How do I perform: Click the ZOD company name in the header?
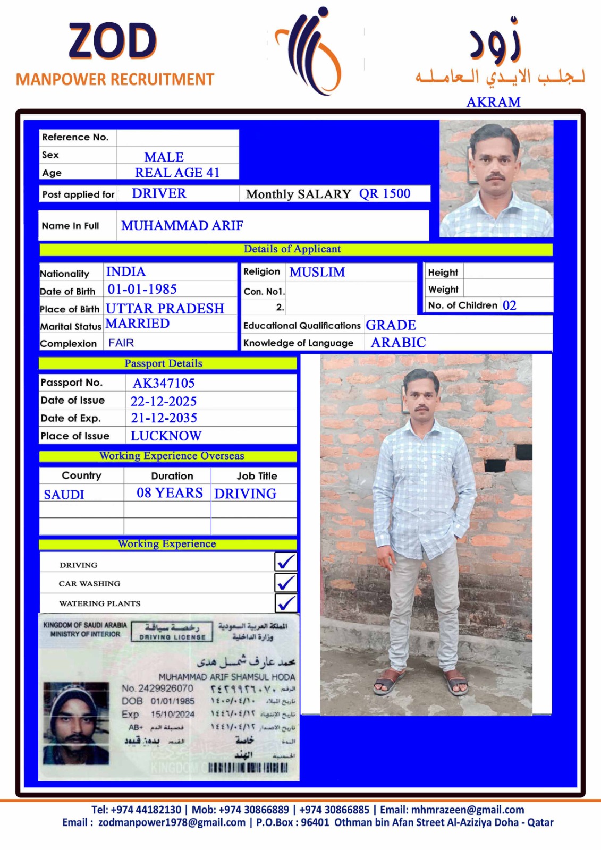pyautogui.click(x=113, y=41)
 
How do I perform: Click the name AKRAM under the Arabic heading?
pyautogui.click(x=493, y=102)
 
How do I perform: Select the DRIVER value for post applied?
pyautogui.click(x=159, y=193)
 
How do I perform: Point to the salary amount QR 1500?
pyautogui.click(x=385, y=194)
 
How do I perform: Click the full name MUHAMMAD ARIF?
pyautogui.click(x=182, y=226)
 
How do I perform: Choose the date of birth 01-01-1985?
pyautogui.click(x=142, y=290)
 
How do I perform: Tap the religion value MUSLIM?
pyautogui.click(x=317, y=272)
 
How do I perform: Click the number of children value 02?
pyautogui.click(x=509, y=305)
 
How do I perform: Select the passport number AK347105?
pyautogui.click(x=164, y=383)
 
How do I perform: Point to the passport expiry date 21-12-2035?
pyautogui.click(x=164, y=418)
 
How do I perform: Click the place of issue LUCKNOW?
pyautogui.click(x=166, y=436)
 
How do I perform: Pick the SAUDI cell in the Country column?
pyautogui.click(x=64, y=495)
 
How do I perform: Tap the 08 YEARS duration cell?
pyautogui.click(x=170, y=493)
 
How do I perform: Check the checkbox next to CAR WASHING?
pyautogui.click(x=286, y=583)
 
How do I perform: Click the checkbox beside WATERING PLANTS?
pyautogui.click(x=286, y=603)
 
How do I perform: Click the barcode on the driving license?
pyautogui.click(x=248, y=768)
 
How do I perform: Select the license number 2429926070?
pyautogui.click(x=165, y=688)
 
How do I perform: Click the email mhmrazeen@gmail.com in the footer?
pyautogui.click(x=467, y=810)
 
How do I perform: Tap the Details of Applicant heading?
pyautogui.click(x=292, y=249)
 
